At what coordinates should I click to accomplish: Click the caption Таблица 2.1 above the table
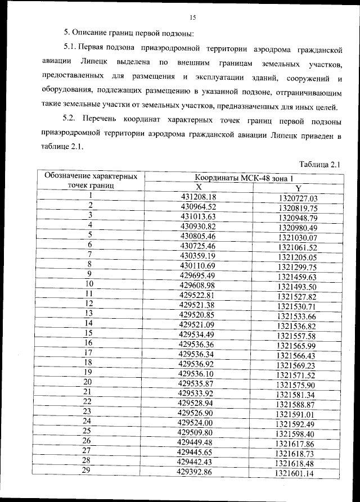[321, 164]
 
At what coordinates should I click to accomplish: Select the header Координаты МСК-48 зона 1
[245, 178]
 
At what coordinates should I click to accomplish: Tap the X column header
[198, 187]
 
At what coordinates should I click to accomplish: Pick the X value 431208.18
[198, 197]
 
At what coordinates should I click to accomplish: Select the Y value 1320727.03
[298, 198]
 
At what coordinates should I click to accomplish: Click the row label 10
[89, 284]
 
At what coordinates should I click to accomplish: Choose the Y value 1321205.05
[298, 257]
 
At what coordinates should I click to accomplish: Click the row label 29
[87, 471]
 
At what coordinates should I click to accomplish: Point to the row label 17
[88, 352]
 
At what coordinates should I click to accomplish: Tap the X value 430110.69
[197, 265]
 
